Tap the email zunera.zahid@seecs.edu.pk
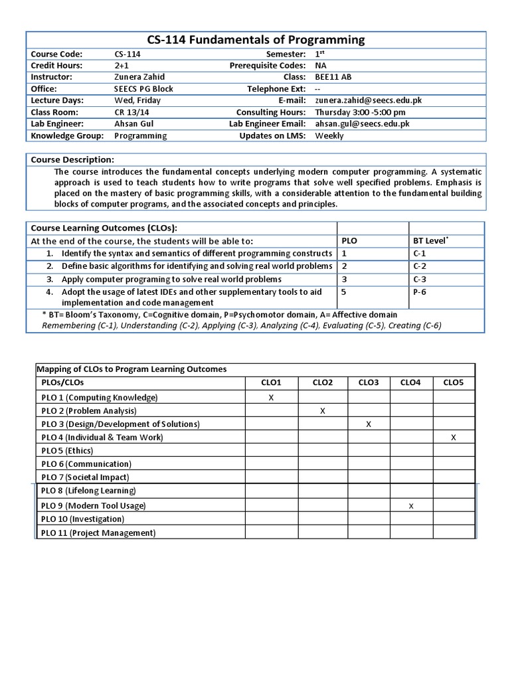pyautogui.click(x=368, y=100)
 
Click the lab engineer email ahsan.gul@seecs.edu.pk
pyautogui.click(x=362, y=124)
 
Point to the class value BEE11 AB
pyautogui.click(x=333, y=77)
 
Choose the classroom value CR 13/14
pyautogui.click(x=129, y=112)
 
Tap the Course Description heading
pyautogui.click(x=72, y=159)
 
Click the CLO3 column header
pyautogui.click(x=369, y=382)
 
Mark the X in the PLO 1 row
pyautogui.click(x=271, y=397)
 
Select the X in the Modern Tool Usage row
pyautogui.click(x=411, y=506)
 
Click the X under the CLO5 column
pyautogui.click(x=454, y=438)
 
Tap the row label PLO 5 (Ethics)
pyautogui.click(x=67, y=451)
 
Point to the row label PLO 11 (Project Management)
pyautogui.click(x=98, y=533)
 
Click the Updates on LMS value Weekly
pyautogui.click(x=329, y=135)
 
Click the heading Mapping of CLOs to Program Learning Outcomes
pyautogui.click(x=131, y=369)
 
